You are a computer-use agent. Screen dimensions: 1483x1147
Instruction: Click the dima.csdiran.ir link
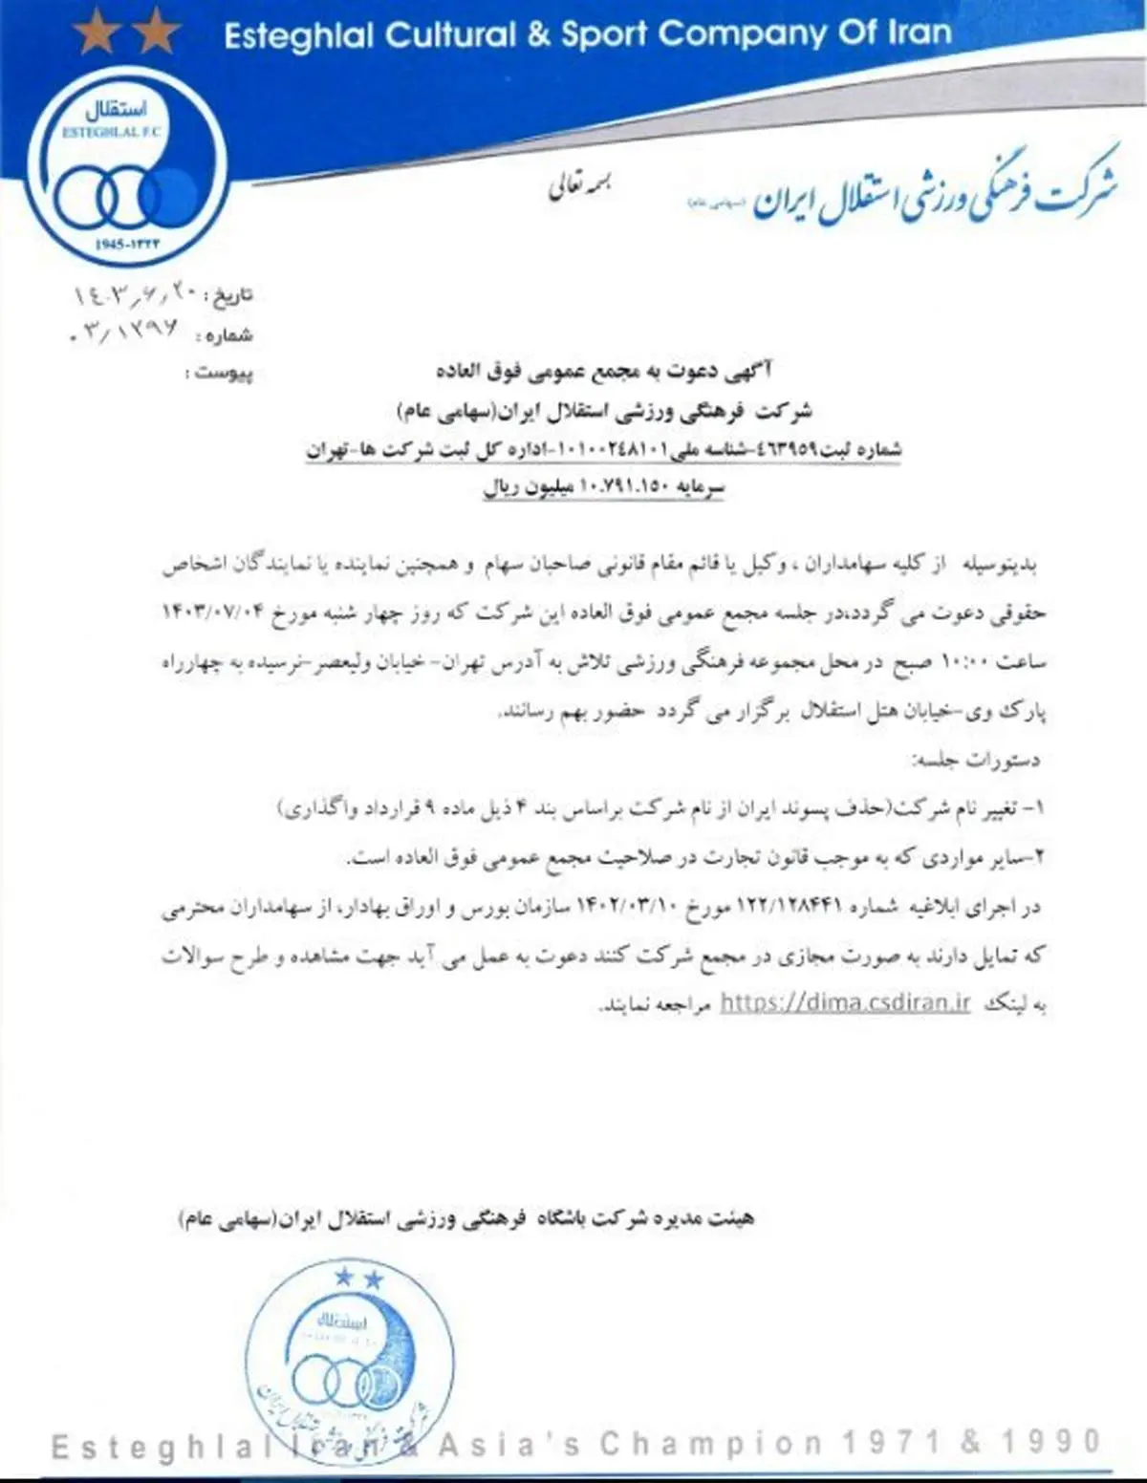[845, 1002]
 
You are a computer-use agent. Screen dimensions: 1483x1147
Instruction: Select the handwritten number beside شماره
[125, 334]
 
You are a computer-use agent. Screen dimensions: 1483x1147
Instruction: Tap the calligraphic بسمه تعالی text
[579, 186]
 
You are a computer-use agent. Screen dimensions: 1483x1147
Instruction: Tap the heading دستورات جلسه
[977, 761]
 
